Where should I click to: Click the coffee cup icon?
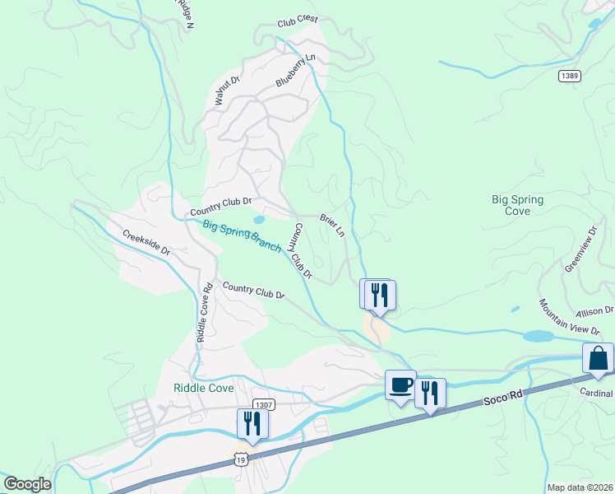pyautogui.click(x=400, y=385)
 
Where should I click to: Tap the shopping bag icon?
pyautogui.click(x=598, y=359)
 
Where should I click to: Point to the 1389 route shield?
pyautogui.click(x=569, y=76)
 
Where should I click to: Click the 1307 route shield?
pyautogui.click(x=264, y=404)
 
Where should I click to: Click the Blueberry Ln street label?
pyautogui.click(x=296, y=71)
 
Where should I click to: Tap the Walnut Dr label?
pyautogui.click(x=226, y=91)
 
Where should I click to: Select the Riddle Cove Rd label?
pyautogui.click(x=205, y=313)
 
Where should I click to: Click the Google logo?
pyautogui.click(x=27, y=484)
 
